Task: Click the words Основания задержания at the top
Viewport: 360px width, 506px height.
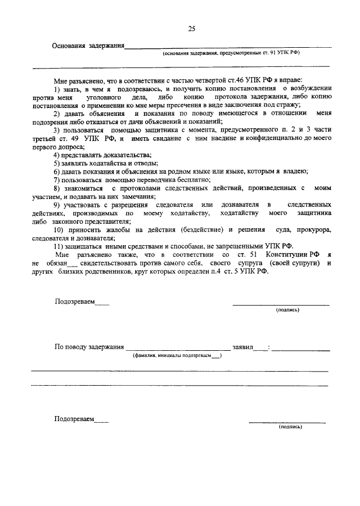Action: click(x=87, y=46)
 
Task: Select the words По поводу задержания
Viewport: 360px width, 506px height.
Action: click(x=89, y=347)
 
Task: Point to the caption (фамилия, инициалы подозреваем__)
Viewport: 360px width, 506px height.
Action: click(x=177, y=355)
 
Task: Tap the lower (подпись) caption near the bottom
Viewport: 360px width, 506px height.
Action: click(x=290, y=427)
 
